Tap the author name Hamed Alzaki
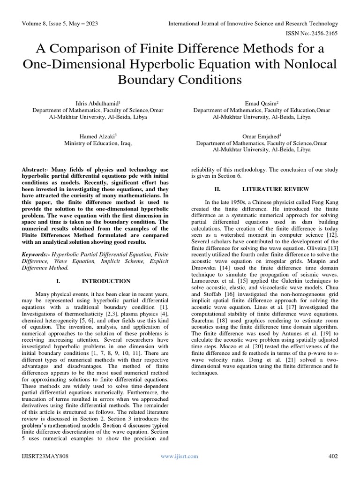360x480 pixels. (x=97, y=136)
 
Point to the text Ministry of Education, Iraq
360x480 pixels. (x=97, y=143)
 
